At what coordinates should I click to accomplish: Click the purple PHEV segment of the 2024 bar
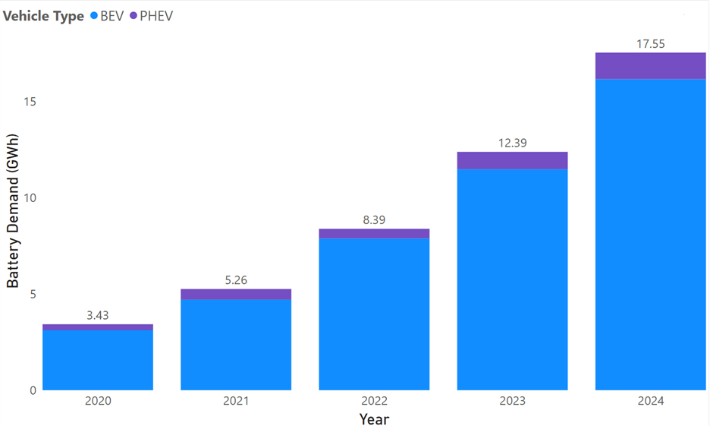tap(650, 66)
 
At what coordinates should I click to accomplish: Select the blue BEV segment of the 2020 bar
tap(98, 360)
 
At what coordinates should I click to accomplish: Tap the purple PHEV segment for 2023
tap(512, 160)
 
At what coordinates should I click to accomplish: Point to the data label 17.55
tap(650, 44)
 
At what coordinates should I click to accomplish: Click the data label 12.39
tap(512, 143)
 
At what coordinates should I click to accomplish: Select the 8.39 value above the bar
tap(374, 219)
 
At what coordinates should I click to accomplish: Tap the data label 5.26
tap(236, 279)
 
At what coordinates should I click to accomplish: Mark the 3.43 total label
tap(98, 315)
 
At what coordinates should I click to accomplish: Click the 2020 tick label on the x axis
tap(98, 401)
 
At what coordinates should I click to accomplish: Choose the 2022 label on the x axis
tap(374, 401)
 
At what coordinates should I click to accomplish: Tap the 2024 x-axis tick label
tap(650, 401)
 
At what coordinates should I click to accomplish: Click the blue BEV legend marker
tap(94, 16)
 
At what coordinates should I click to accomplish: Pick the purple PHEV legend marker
tap(134, 16)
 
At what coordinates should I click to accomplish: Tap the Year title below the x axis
tap(374, 418)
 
